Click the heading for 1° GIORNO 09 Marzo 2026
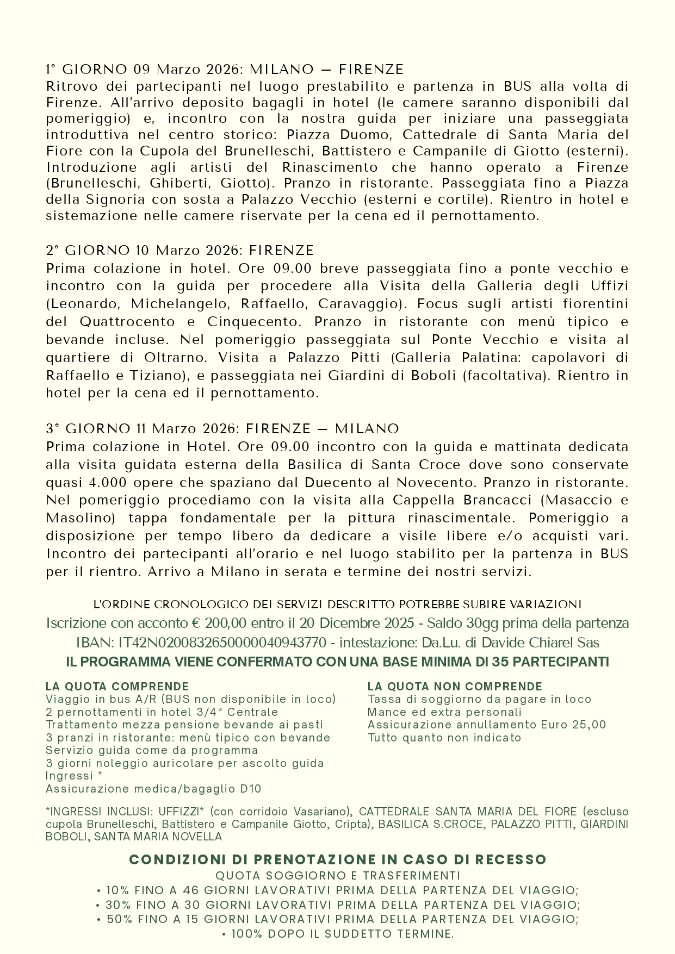225,70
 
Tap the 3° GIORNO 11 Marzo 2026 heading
222,429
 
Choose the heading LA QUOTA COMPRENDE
117,687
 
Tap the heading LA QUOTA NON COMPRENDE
455,687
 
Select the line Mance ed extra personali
444,712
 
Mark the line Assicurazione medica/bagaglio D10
153,789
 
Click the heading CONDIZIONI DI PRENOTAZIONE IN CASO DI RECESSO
337,859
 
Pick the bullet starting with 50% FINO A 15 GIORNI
337,919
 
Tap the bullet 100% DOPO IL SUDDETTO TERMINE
337,934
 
